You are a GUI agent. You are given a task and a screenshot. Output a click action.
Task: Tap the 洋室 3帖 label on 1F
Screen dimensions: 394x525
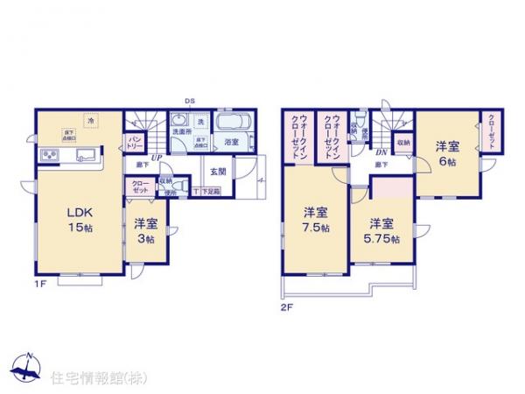point(145,231)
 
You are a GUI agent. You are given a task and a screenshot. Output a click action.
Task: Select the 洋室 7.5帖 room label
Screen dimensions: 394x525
point(317,220)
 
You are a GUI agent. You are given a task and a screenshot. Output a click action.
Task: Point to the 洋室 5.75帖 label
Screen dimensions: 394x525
point(381,230)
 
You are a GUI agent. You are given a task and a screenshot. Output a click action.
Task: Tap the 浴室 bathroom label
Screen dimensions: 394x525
point(232,142)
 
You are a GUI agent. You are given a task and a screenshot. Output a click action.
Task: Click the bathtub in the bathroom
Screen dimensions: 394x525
point(232,123)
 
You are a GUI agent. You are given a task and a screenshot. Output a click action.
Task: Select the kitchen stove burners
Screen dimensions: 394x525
point(48,157)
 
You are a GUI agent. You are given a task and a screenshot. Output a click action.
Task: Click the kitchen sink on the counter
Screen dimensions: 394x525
point(87,157)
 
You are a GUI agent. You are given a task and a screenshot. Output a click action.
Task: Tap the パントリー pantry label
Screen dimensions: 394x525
point(136,142)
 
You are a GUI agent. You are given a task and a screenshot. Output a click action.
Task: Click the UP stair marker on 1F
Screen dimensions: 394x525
point(156,158)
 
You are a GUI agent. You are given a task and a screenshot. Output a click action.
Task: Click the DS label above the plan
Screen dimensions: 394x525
point(191,102)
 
